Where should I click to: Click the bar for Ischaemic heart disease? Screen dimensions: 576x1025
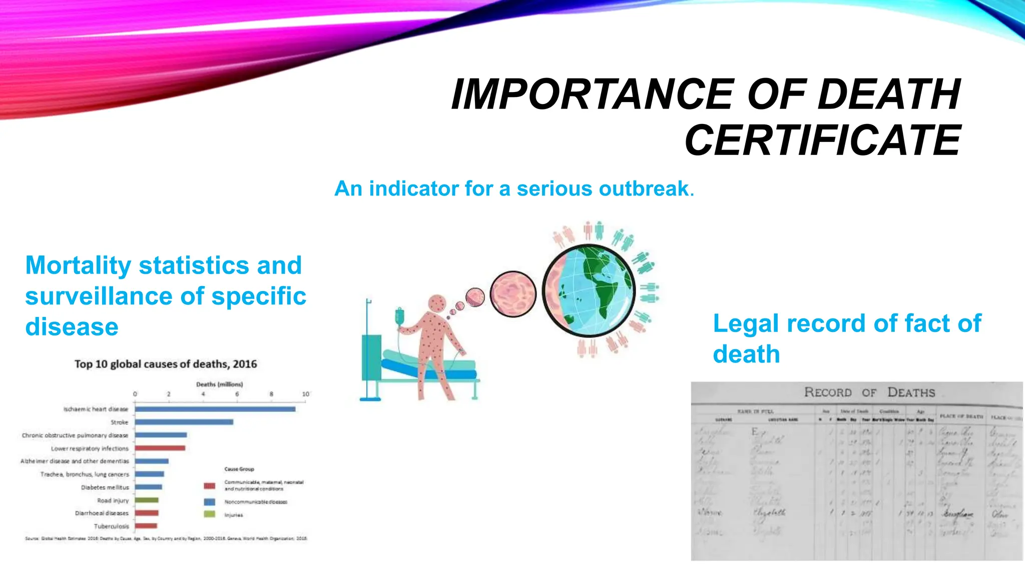click(215, 409)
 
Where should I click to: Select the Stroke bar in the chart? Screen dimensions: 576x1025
click(184, 422)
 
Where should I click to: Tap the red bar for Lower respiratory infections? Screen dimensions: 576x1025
click(160, 448)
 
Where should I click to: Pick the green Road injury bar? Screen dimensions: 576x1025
click(147, 500)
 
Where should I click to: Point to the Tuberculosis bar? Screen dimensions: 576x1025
click(146, 526)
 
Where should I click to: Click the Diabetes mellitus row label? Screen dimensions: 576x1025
click(105, 487)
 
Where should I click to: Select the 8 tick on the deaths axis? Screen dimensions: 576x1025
click(271, 394)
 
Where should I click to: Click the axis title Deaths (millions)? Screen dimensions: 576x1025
click(219, 384)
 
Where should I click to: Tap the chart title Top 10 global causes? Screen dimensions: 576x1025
click(166, 364)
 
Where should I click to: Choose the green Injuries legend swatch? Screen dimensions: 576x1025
click(210, 514)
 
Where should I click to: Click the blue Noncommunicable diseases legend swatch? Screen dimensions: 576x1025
click(210, 501)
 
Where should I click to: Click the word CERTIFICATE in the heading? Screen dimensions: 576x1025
click(822, 140)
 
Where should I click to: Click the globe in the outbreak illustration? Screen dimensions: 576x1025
click(589, 290)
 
